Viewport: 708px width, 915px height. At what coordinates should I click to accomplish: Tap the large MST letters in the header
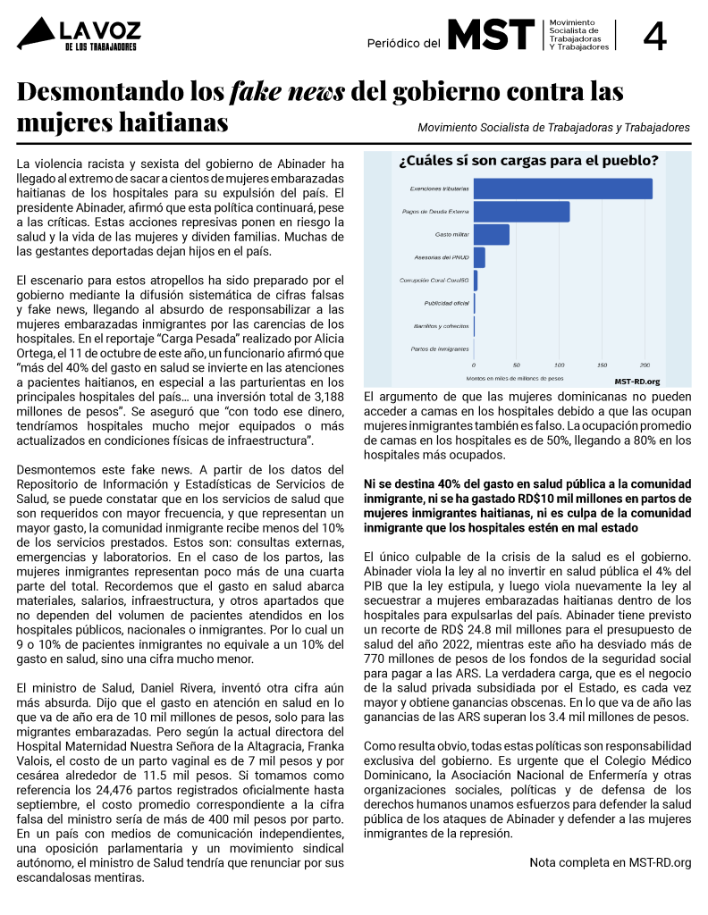tap(491, 35)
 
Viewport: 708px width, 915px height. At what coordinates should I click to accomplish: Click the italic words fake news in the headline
tap(289, 92)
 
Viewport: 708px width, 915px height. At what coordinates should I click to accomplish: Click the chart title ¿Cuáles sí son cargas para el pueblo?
tap(528, 162)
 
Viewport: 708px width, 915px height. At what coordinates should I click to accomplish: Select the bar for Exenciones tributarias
tap(562, 189)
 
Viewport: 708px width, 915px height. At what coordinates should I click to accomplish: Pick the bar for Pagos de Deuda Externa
tap(521, 212)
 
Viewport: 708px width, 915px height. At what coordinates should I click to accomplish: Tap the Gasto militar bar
tap(491, 234)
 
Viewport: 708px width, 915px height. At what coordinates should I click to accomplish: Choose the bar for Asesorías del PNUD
tap(479, 257)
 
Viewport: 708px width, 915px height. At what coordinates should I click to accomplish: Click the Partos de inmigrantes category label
tap(440, 348)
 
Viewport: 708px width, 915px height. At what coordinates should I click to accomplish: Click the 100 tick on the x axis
tap(560, 365)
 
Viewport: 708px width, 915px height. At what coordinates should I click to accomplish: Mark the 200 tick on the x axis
tap(645, 365)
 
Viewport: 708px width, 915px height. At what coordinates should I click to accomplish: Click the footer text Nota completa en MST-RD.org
tap(610, 862)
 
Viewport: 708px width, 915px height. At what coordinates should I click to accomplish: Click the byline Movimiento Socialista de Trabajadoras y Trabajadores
tap(553, 128)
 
